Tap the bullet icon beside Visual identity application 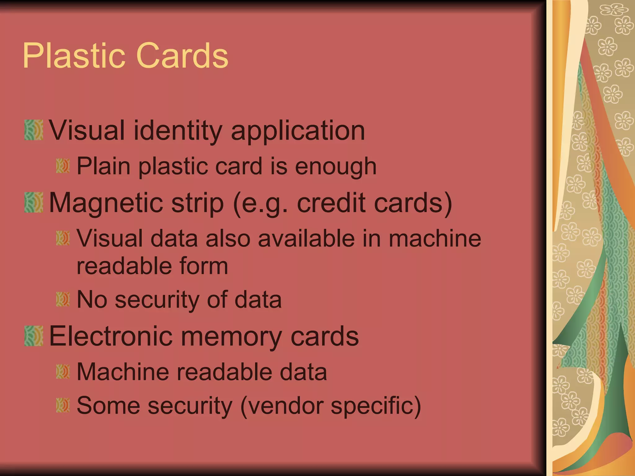pos(33,130)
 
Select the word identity pos(178,130)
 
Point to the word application pos(298,130)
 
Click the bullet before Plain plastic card pos(63,166)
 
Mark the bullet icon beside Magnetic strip pos(33,202)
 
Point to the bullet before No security pos(63,299)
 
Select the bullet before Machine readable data pos(63,372)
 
